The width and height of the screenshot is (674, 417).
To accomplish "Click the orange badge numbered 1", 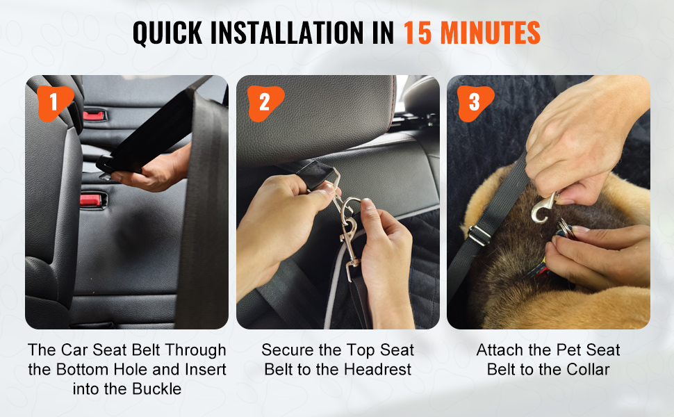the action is (x=54, y=103).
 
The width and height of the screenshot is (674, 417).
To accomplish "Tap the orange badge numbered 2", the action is (x=265, y=103).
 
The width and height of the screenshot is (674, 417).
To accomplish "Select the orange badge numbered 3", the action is (x=475, y=103).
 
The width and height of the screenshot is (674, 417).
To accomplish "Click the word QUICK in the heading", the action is (x=167, y=33).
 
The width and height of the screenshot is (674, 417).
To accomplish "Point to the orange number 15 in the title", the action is (x=418, y=33).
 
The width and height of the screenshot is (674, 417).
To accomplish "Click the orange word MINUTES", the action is (x=491, y=33).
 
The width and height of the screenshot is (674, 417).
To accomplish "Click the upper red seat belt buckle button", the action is (x=94, y=115).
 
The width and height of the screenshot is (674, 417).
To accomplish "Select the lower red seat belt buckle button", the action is (x=91, y=200).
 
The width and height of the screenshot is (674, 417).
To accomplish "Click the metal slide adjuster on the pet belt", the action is (x=479, y=235).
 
